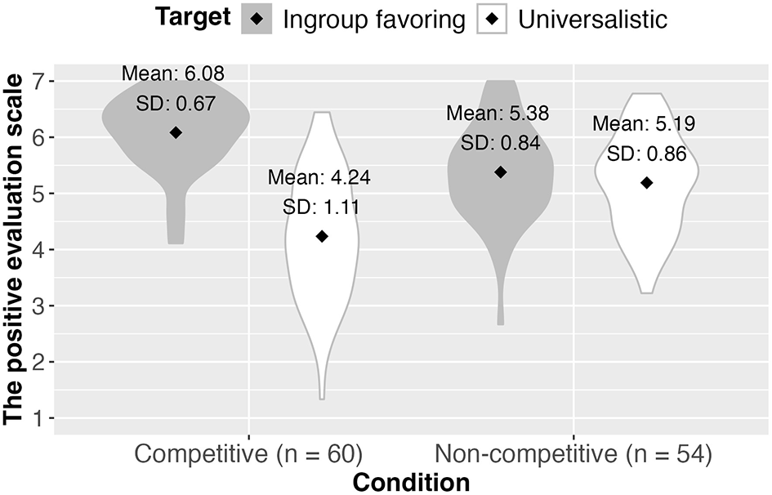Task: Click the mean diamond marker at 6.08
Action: coord(176,132)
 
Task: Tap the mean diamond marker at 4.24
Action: coord(322,236)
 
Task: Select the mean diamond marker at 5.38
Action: coord(501,172)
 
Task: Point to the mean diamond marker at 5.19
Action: coord(647,183)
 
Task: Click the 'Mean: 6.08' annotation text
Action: coord(173,74)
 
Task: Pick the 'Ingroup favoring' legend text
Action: coord(373,20)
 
